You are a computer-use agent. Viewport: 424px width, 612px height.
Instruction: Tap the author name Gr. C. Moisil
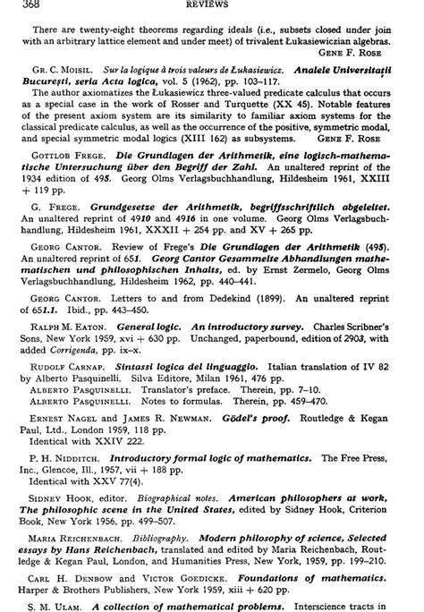pos(55,67)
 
